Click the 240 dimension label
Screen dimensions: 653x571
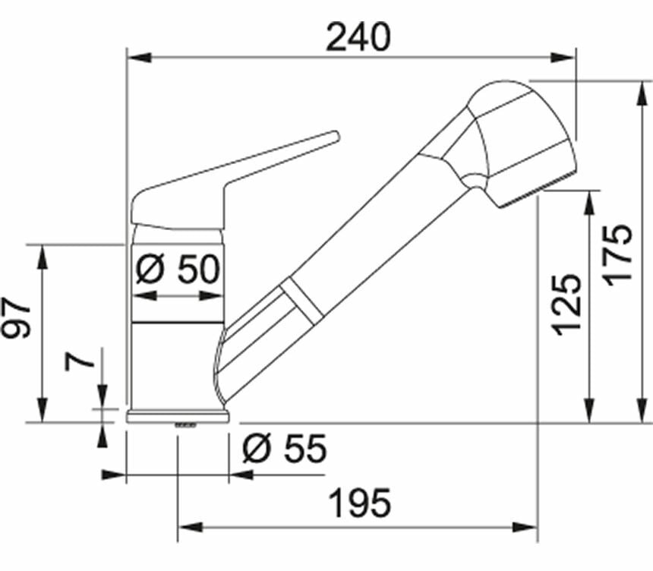(358, 37)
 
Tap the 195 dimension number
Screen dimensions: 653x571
(360, 503)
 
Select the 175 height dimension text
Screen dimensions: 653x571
(618, 255)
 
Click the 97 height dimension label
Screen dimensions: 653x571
(16, 317)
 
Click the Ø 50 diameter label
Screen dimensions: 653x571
(178, 269)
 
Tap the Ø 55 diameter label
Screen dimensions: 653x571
(285, 449)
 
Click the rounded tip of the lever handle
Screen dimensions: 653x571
(336, 136)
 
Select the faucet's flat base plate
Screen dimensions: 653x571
(178, 417)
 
